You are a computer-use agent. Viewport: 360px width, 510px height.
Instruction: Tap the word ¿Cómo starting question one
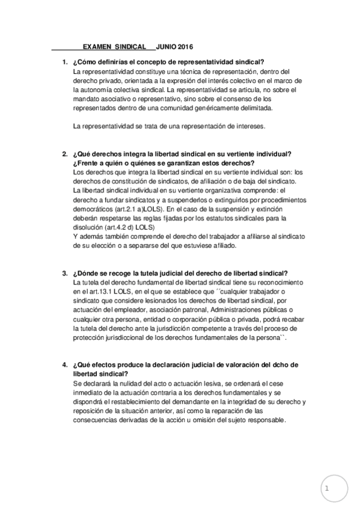(x=84, y=63)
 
